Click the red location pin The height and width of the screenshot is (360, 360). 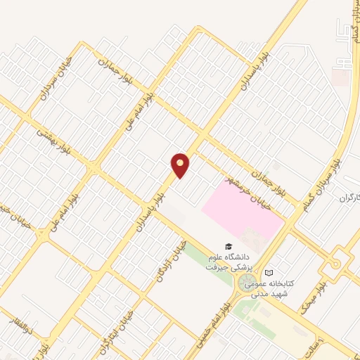[181, 165]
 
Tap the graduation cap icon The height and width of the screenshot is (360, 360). [227, 246]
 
